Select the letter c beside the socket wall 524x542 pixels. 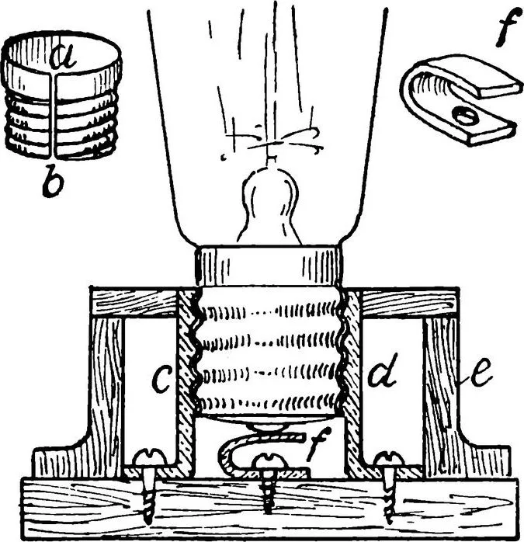pos(161,380)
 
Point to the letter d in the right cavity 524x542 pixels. pos(383,370)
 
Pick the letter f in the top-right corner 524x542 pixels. pos(507,27)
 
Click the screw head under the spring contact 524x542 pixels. pos(270,460)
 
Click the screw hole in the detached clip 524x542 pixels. pos(464,116)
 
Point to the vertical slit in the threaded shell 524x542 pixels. pos(52,116)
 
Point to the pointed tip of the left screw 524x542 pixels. pos(148,522)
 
